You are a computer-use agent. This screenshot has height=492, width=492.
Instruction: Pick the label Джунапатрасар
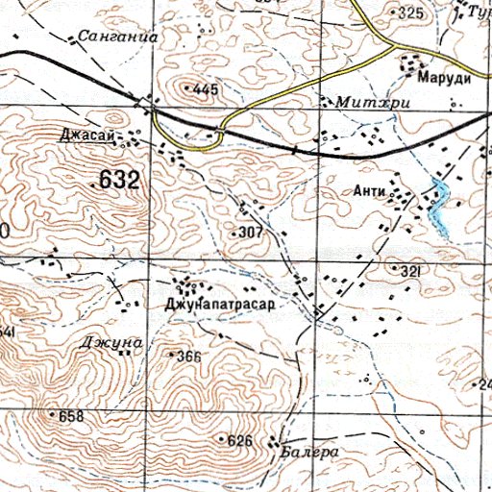click(220, 305)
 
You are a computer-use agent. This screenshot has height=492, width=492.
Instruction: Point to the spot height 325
click(410, 12)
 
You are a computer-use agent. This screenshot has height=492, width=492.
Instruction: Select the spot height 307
click(251, 233)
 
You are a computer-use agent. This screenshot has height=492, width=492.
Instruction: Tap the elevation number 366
click(188, 357)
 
